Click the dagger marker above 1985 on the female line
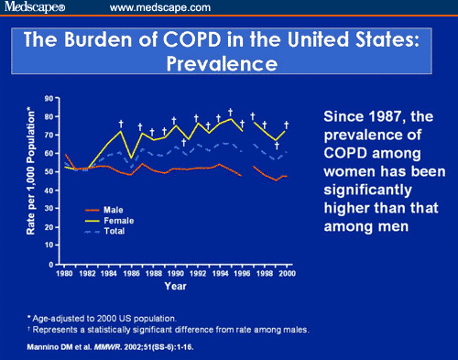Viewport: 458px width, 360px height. tap(120, 123)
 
